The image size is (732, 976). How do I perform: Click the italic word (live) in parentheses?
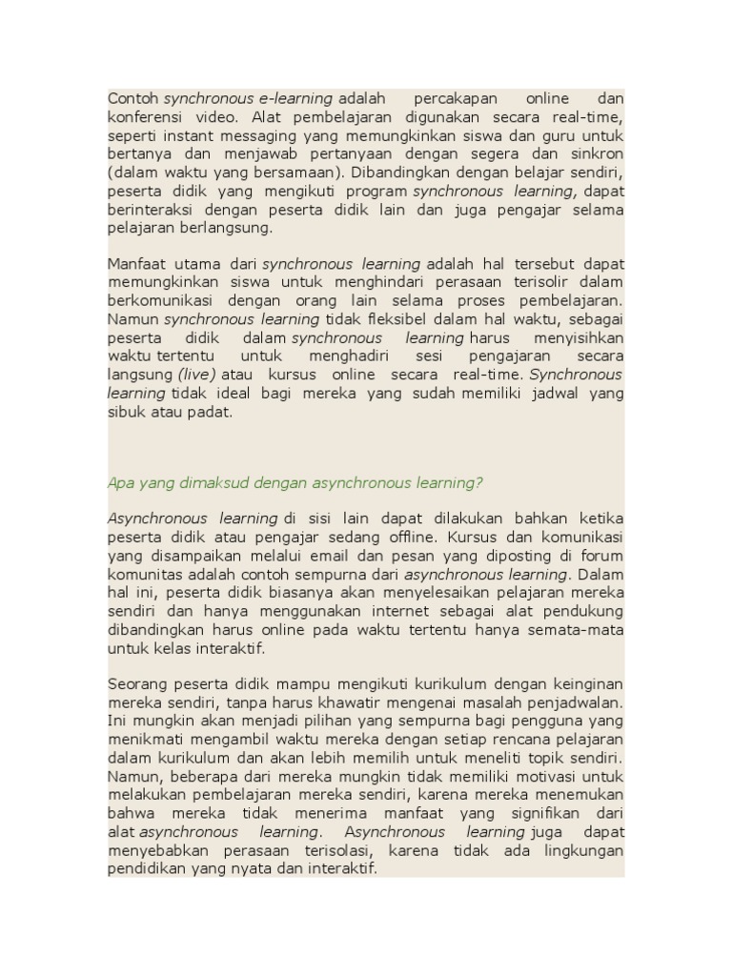click(x=196, y=375)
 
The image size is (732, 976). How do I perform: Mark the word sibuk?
click(x=125, y=412)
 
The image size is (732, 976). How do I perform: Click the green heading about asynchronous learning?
click(x=295, y=483)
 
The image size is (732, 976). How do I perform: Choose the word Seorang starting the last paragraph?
click(x=137, y=684)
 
